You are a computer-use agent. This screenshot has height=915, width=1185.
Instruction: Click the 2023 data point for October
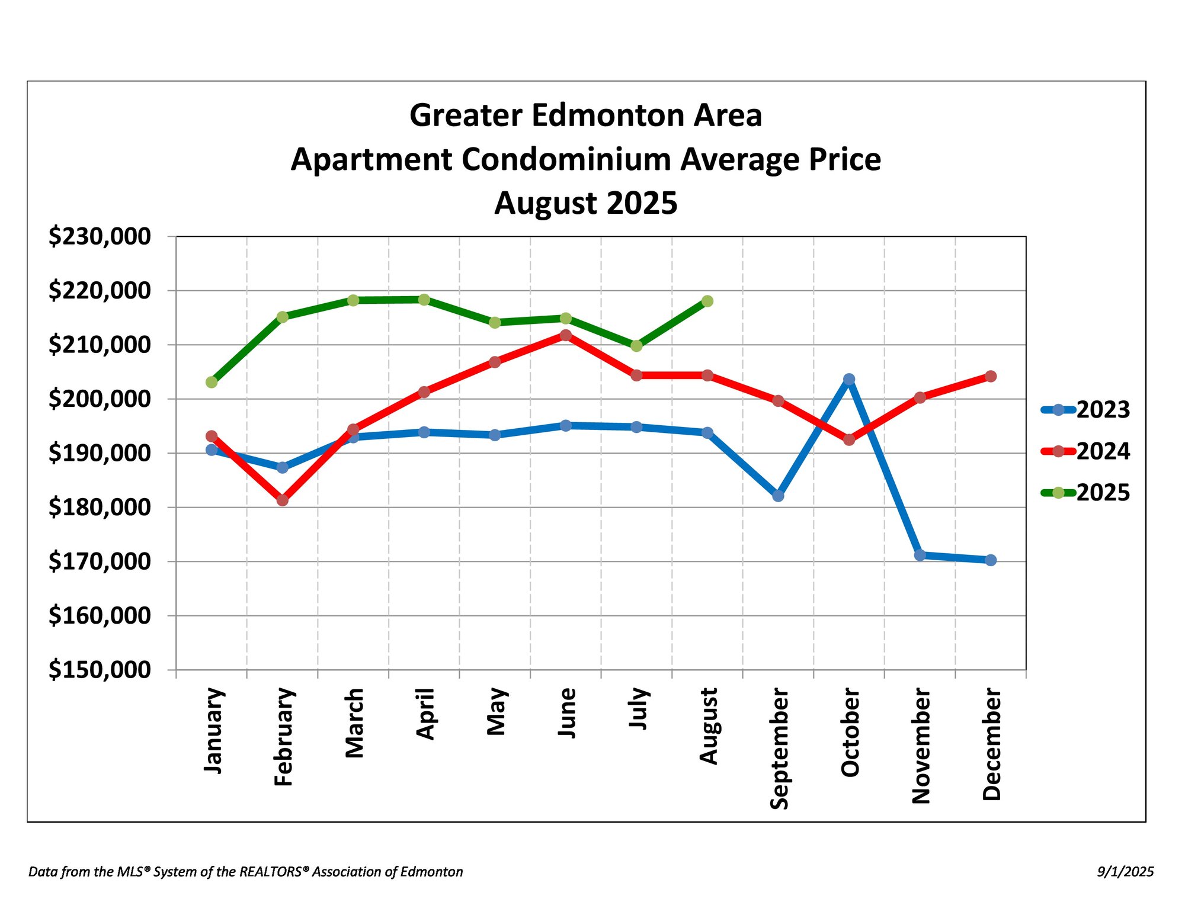849,379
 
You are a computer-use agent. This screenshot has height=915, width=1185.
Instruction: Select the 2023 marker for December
991,560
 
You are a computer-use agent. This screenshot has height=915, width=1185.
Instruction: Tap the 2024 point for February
283,500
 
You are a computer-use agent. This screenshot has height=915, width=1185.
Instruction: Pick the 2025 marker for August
707,301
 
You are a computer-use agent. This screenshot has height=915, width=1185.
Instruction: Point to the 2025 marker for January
212,383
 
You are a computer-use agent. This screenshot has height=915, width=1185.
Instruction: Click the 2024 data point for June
566,335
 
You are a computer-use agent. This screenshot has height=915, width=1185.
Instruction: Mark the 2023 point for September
779,496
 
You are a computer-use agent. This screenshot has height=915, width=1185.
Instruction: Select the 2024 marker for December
991,377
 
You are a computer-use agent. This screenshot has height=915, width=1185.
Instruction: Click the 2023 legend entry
1085,410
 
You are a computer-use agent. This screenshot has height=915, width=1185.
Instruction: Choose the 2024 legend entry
1085,451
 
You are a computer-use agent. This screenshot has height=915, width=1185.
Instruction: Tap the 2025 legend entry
1085,493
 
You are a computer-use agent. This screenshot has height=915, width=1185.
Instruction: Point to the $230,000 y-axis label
100,236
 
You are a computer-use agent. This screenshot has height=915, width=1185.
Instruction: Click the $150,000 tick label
100,670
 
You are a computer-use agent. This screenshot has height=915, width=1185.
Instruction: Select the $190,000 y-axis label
100,453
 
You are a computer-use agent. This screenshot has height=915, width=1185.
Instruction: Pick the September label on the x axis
779,749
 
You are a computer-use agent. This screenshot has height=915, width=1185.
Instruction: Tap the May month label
496,711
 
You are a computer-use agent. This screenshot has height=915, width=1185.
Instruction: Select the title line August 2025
585,203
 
